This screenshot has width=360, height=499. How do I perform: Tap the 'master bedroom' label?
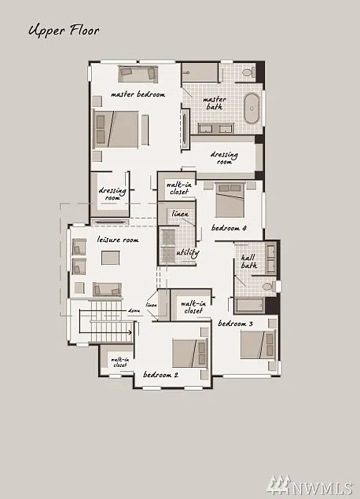138,94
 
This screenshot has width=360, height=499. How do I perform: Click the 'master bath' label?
215,105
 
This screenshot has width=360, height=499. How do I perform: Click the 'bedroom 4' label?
229,228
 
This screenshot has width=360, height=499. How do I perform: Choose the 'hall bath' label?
249,262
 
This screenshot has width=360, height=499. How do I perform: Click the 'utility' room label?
188,252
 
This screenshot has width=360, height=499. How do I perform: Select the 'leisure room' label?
118,240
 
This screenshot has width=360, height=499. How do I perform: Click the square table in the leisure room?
110,259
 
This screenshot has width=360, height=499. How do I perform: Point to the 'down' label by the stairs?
134,311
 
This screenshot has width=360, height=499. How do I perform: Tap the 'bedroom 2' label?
160,375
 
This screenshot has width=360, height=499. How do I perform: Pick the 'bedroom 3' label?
235,324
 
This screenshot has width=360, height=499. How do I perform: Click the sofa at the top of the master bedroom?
138,73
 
